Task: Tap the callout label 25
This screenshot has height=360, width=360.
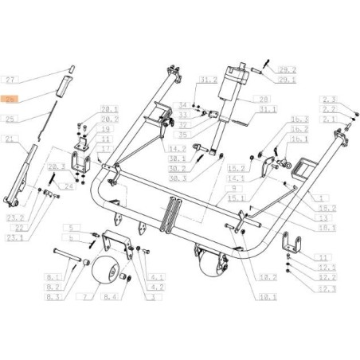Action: pos(11,119)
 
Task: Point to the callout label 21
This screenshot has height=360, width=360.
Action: pos(11,139)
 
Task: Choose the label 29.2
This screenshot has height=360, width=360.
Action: pos(266,70)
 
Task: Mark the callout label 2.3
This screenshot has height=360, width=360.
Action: pos(330,100)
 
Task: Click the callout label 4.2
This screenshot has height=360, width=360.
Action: pos(158,284)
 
